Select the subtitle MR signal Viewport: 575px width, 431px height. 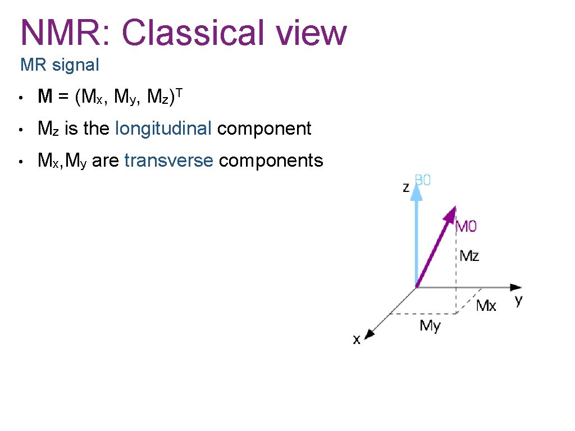coord(60,65)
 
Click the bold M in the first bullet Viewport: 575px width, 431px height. coord(45,97)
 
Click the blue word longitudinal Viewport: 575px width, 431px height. coord(163,129)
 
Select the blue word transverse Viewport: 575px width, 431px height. coord(168,161)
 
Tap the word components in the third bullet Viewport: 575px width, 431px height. coord(271,161)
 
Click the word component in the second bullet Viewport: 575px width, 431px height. coord(264,129)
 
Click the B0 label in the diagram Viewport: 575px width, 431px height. coord(423,181)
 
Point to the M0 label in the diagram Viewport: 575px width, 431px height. coord(466,226)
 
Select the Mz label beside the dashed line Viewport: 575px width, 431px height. coord(469,256)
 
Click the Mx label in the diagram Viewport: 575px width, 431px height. coord(486,305)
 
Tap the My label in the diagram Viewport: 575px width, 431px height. coord(430,325)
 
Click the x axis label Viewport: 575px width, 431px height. coord(357,340)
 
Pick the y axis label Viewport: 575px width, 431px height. coord(518,300)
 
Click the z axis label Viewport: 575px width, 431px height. coord(406,187)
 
